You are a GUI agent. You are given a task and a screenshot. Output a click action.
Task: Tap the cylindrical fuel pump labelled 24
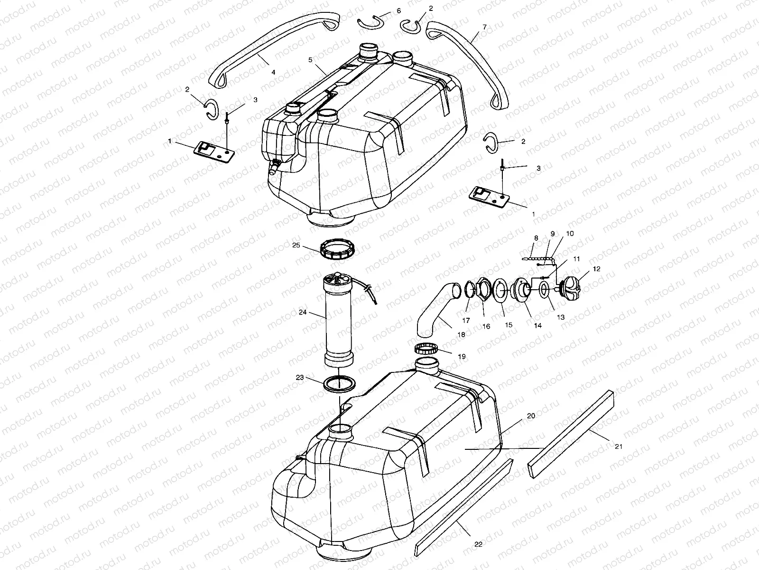[x=338, y=323]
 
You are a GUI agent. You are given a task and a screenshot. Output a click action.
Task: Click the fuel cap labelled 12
[x=569, y=286]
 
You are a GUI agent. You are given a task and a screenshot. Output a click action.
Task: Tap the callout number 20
[x=531, y=416]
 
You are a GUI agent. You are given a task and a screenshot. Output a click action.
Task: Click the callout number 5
[x=310, y=60]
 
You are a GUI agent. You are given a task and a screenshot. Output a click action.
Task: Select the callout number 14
[x=537, y=325]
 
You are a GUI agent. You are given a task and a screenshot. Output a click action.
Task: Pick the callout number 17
[x=466, y=321]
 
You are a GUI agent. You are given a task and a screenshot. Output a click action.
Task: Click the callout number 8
[x=536, y=237]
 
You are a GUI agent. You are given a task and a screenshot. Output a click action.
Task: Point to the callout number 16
[x=486, y=326]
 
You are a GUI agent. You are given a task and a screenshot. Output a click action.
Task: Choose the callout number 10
[x=570, y=234]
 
